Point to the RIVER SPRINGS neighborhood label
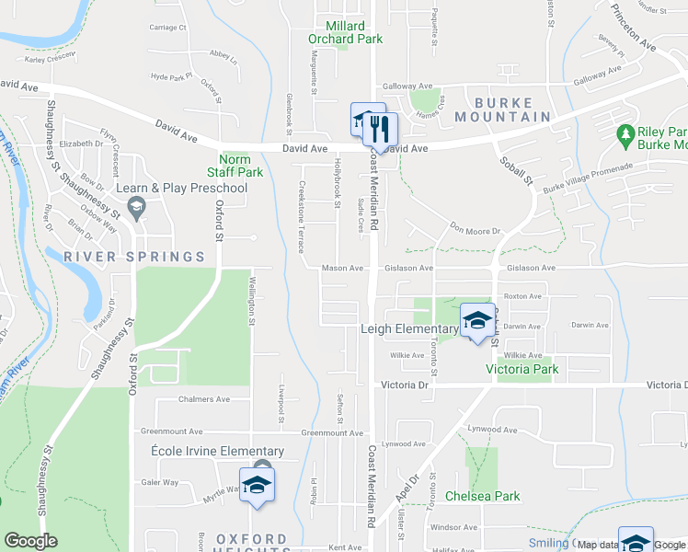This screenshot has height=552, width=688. pyautogui.click(x=133, y=256)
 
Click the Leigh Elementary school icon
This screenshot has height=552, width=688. pyautogui.click(x=477, y=320)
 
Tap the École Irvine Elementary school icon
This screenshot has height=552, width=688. pyautogui.click(x=258, y=485)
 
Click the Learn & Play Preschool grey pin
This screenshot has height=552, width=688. pyautogui.click(x=137, y=208)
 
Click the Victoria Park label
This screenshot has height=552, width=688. pyautogui.click(x=522, y=370)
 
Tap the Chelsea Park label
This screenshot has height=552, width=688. pyautogui.click(x=482, y=496)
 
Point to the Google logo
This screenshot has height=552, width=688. pyautogui.click(x=30, y=541)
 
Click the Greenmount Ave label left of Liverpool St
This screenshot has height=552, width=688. pyautogui.click(x=172, y=431)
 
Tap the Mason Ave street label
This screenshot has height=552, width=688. pyautogui.click(x=342, y=269)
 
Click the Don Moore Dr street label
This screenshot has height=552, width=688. pyautogui.click(x=475, y=231)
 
